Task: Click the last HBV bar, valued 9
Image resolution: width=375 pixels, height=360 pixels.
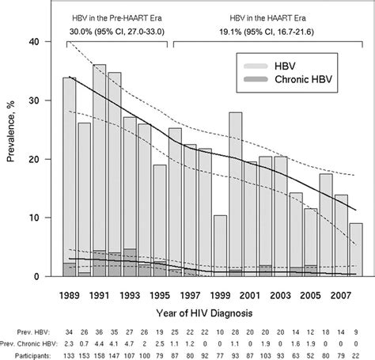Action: tap(357, 249)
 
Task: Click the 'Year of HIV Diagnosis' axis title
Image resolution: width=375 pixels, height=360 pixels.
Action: tap(205, 311)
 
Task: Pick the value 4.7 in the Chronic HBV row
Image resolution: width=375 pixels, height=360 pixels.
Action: tap(130, 342)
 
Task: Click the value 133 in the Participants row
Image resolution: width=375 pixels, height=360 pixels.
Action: tap(69, 354)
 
